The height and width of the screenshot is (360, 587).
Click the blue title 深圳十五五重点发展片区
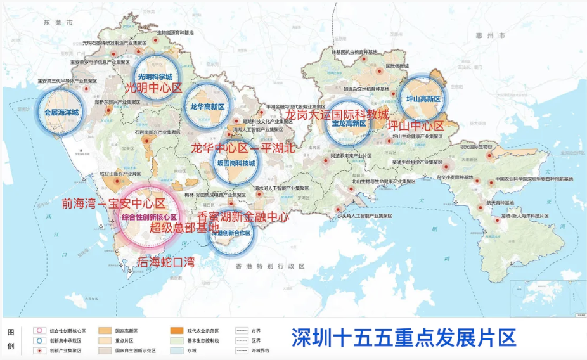pos(403,337)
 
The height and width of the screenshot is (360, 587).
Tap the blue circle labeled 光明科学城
pos(155,76)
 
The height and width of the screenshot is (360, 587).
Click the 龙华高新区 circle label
pos(207,107)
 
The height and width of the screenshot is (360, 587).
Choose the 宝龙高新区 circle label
pos(346,124)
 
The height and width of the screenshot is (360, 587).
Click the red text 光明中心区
pos(153,88)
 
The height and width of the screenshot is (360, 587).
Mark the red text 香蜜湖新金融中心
pos(243,217)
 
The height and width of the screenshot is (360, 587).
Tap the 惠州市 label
pos(493,35)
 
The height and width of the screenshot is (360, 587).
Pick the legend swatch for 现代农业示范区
pos(177,330)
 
